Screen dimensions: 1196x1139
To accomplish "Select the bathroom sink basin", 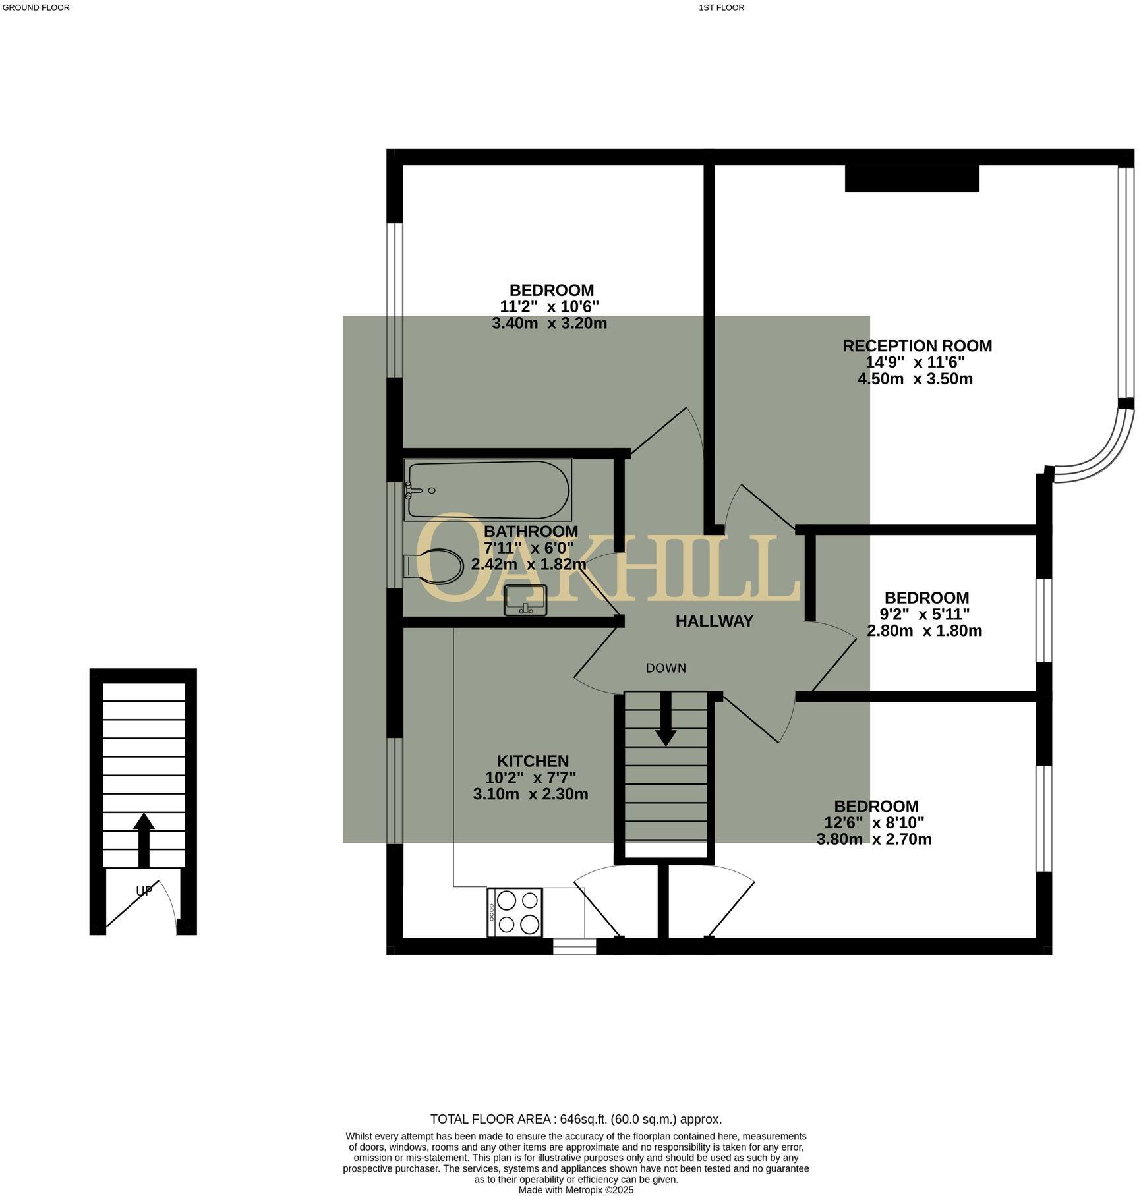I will point(525,599).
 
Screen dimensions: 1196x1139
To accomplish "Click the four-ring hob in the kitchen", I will point(515,912).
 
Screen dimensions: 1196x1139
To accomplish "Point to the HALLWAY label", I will point(714,621).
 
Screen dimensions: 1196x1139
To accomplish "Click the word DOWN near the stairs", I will point(666,668).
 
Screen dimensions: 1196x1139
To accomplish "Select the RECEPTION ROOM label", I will point(917,346).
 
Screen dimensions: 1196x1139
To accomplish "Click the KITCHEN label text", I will point(533,761).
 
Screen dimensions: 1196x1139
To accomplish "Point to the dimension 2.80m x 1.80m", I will point(924,631).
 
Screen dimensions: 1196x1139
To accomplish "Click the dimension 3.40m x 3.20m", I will point(549,324).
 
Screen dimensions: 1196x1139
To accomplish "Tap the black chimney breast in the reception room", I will point(912,179).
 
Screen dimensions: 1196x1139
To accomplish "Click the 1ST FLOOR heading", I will point(721,8).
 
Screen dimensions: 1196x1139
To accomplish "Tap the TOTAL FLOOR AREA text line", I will point(575,1119).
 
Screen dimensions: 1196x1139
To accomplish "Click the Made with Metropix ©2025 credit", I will point(575,1190).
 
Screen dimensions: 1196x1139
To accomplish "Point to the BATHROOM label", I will point(531,531).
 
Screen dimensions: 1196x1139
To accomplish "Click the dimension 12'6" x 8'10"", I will point(874,822).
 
